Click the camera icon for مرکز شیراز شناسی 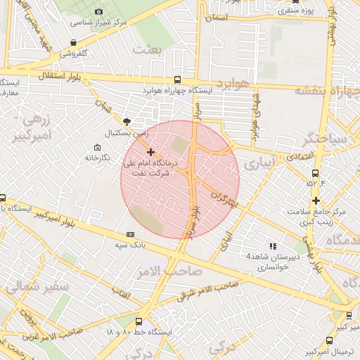tap(98, 11)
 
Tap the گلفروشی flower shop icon tap(74, 42)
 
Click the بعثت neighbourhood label tap(151, 49)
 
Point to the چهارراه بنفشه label tap(326, 91)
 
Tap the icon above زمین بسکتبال tap(127, 121)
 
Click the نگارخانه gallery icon tap(96, 147)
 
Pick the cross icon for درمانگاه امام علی tap(150, 152)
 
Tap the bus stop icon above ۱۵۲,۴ tap(314, 172)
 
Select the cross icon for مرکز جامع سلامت tap(316, 200)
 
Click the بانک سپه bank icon tap(129, 234)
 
